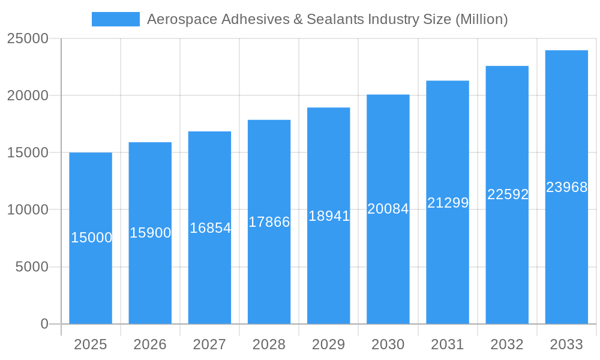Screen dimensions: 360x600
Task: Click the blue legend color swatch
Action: [x=115, y=19]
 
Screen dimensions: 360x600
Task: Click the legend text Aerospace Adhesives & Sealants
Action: [x=327, y=19]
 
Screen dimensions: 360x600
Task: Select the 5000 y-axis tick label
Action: [x=31, y=267]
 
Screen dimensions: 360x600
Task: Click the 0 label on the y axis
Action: [x=44, y=324]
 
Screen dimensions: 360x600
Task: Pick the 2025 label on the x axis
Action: [x=91, y=344]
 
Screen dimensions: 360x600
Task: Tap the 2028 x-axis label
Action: [x=269, y=344]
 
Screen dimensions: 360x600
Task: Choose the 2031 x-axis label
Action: [x=448, y=344]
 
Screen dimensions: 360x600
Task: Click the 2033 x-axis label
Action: [x=566, y=344]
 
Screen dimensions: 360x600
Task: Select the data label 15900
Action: [x=151, y=233]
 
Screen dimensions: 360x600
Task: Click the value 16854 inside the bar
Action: [x=210, y=228]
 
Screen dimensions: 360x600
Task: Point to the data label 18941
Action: [x=329, y=216]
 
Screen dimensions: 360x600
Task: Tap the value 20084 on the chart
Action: [x=388, y=209]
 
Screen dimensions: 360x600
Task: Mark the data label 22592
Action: [x=508, y=194]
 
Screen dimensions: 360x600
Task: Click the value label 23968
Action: [x=566, y=187]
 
